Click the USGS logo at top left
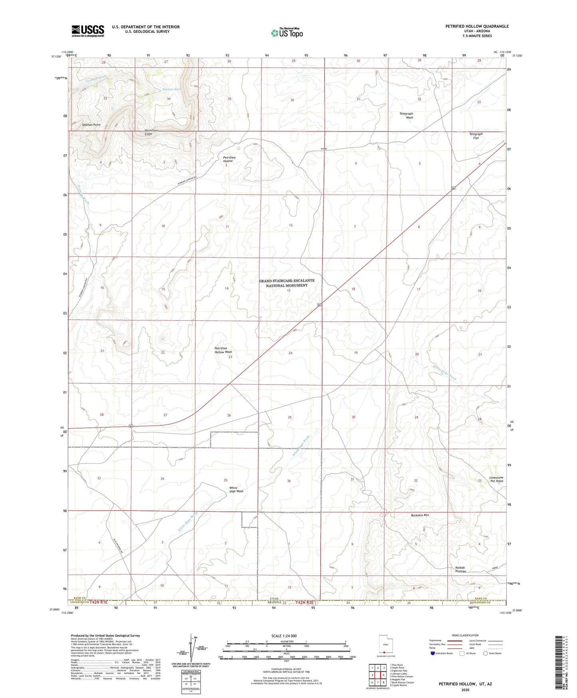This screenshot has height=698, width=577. coord(88,31)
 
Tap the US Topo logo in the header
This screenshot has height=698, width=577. coord(287,33)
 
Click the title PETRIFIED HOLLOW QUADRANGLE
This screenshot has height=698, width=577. coord(477,26)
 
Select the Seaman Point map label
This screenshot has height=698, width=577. coord(91,125)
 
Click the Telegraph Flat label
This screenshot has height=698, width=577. coord(476,136)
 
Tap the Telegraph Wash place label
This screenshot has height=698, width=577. coord(406,116)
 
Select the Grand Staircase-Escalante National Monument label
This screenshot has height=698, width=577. coord(287,283)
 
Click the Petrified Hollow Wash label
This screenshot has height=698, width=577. coord(223,350)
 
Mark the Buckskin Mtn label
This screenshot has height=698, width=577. coord(420,515)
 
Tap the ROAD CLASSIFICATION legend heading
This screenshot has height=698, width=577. coord(465,635)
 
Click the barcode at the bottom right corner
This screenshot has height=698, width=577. coord(560,664)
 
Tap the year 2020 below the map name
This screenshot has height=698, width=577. coord(465,690)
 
